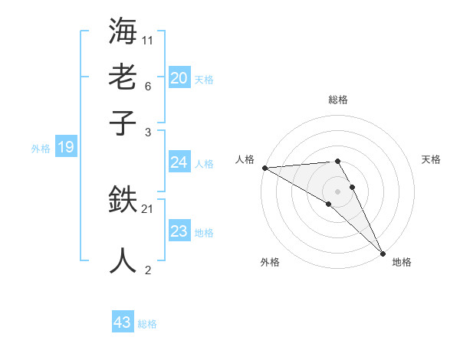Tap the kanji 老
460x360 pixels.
click(123, 77)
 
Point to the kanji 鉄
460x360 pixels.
click(123, 201)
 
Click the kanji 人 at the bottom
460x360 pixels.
click(123, 260)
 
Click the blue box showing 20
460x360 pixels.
click(179, 78)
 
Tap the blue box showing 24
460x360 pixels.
click(179, 162)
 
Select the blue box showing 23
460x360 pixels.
click(179, 231)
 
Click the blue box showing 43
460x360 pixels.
click(123, 322)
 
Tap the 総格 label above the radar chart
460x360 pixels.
click(337, 100)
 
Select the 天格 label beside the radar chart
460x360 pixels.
click(431, 159)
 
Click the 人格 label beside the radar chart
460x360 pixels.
click(245, 159)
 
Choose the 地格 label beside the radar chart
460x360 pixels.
click(402, 262)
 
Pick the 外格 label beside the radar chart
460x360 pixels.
click(270, 262)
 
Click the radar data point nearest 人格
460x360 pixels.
click(264, 167)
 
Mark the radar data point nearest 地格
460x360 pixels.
click(383, 253)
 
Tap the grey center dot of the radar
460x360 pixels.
click(337, 191)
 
